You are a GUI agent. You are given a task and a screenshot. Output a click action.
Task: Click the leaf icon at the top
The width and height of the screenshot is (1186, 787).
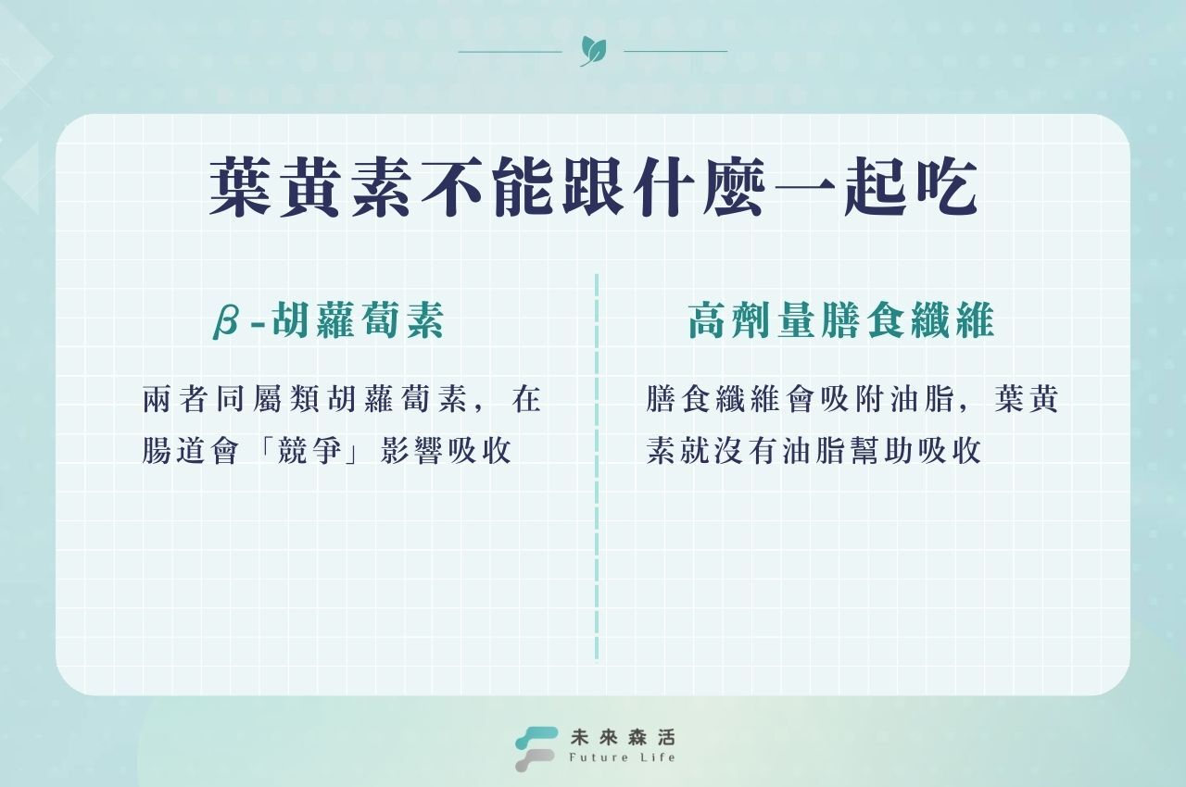tap(588, 50)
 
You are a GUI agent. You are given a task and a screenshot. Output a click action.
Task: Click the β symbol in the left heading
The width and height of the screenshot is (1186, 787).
tap(226, 320)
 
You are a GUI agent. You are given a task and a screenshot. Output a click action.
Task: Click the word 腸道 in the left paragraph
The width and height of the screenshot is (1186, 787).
tap(178, 450)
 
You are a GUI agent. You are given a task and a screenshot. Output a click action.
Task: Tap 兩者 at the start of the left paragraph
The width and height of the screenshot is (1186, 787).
tap(178, 401)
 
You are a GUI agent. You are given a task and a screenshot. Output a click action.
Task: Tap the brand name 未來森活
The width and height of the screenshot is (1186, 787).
tap(624, 737)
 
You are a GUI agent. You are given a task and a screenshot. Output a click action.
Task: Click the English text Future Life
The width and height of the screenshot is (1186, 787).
tap(624, 758)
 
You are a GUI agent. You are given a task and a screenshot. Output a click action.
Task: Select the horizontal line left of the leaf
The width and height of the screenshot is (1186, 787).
tap(510, 51)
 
